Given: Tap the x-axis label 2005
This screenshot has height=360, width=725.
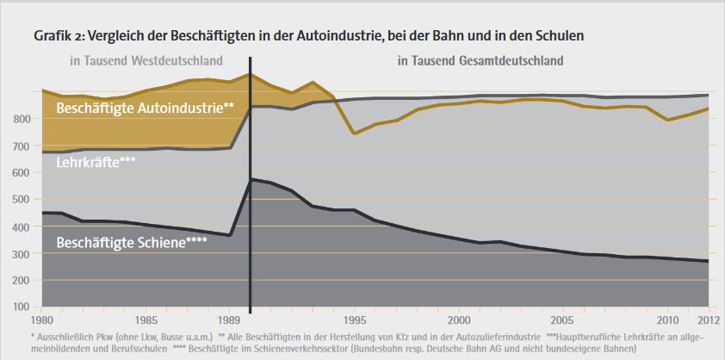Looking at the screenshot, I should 562,315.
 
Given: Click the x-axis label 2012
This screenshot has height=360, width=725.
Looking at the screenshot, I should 709,315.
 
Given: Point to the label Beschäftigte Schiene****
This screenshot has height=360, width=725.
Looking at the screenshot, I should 131,242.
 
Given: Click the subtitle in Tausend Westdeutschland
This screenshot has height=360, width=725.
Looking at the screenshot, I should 146,61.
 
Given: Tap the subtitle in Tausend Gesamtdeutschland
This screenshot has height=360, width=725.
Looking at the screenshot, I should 480,61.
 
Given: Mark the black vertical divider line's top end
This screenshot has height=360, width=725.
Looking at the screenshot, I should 250,59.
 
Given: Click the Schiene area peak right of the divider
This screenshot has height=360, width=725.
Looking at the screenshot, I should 251,178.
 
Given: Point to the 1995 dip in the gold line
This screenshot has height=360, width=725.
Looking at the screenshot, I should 353,133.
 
